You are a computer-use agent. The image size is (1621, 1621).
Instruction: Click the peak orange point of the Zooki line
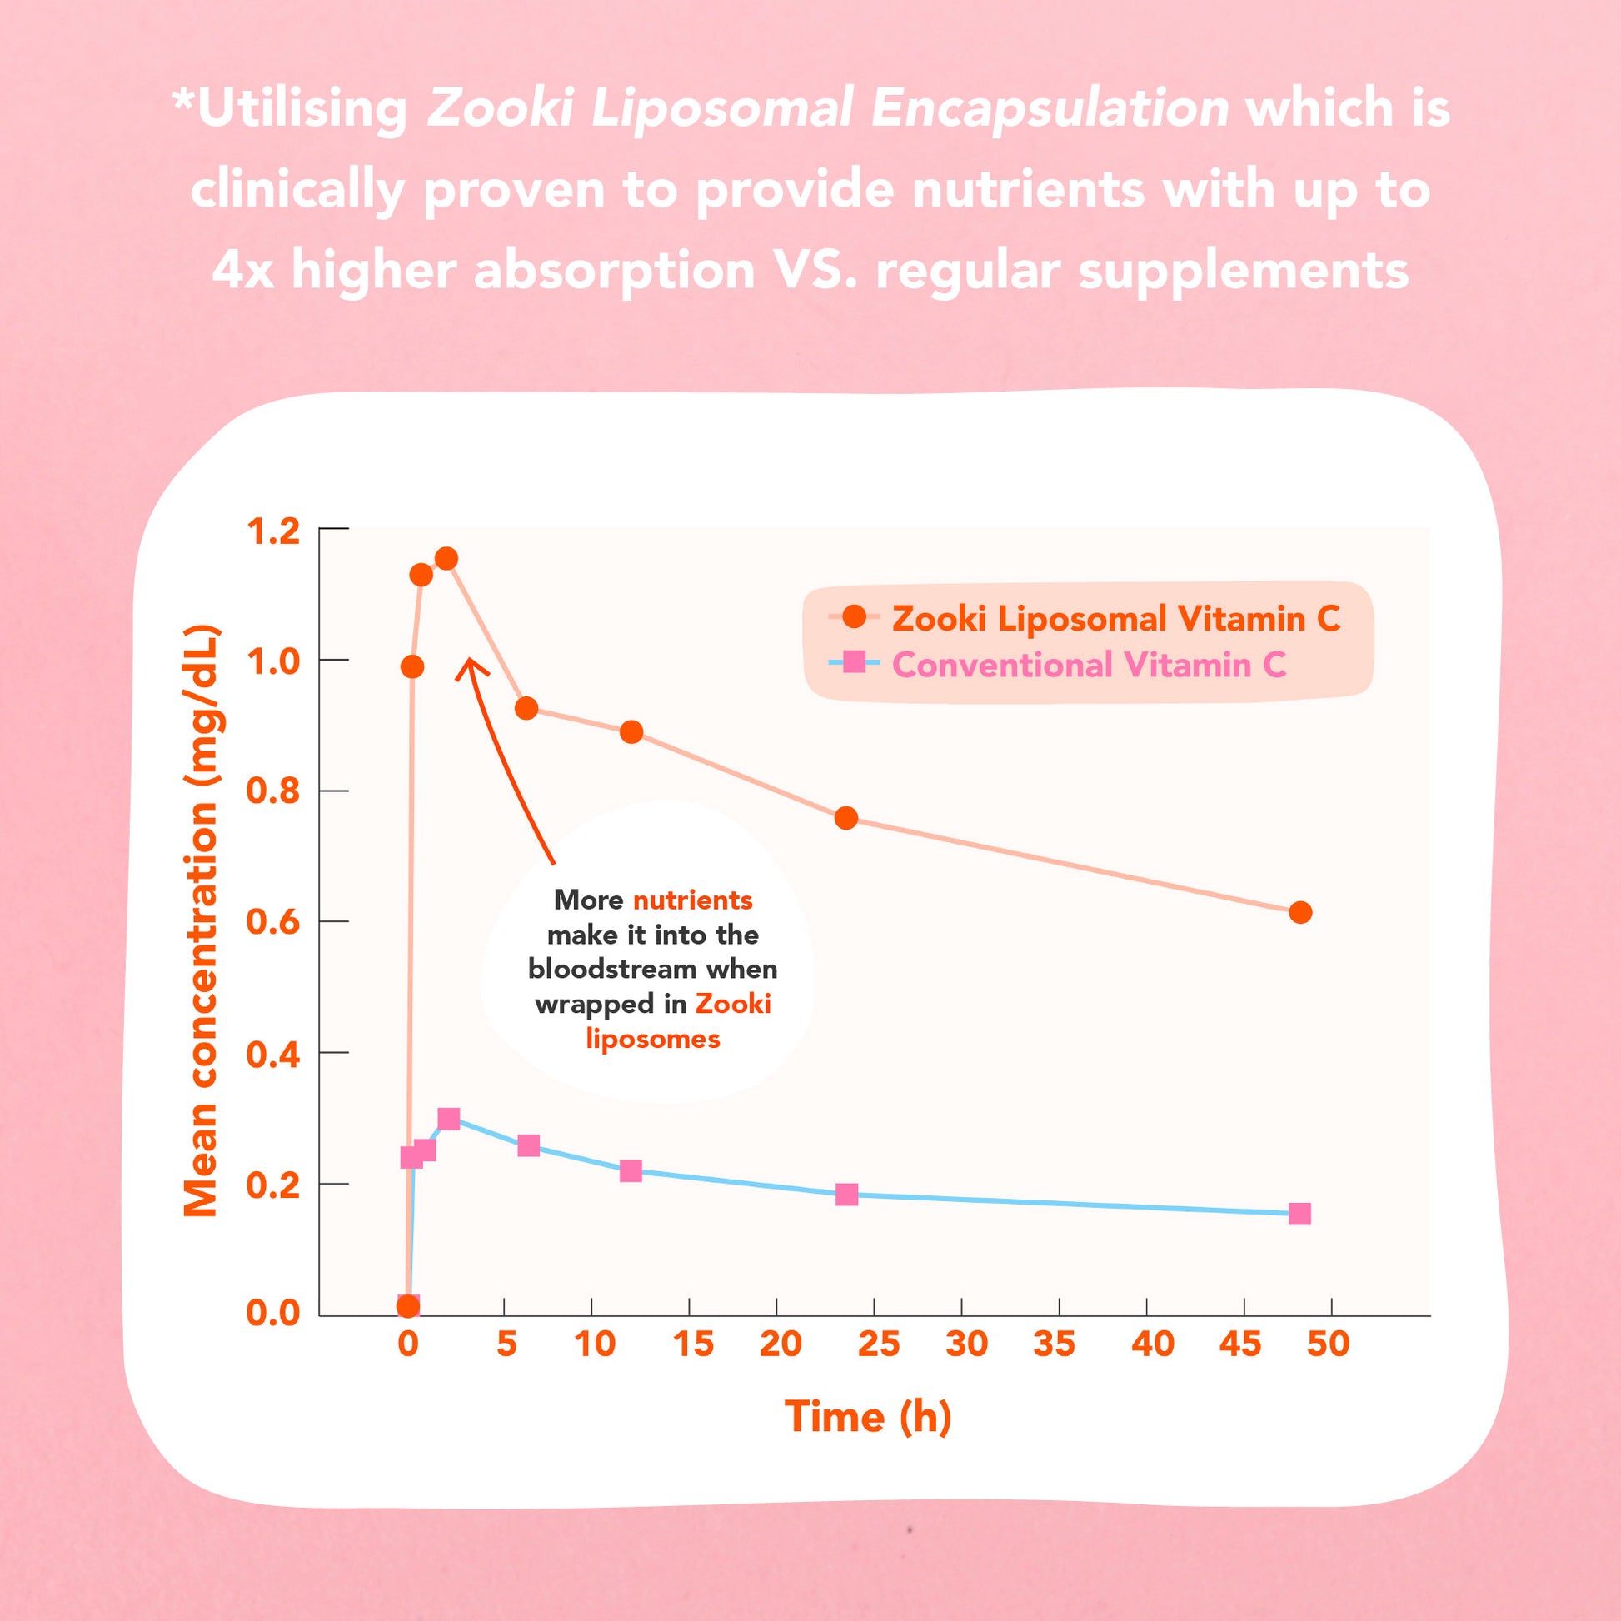(x=446, y=559)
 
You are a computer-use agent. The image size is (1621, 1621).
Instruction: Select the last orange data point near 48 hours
(x=1300, y=913)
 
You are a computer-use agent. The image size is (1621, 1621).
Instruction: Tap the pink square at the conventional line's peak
(x=449, y=1119)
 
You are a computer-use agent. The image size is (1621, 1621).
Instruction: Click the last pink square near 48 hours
(x=1299, y=1214)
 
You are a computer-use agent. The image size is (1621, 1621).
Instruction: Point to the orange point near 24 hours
(x=846, y=818)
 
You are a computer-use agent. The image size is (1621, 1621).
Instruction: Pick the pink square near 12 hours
(x=631, y=1170)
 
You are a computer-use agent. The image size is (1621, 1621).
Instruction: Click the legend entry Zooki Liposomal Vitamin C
(x=1115, y=619)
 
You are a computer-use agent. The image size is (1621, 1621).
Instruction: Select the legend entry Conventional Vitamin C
(x=1088, y=666)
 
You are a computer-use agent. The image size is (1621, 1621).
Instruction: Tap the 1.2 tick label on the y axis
(x=272, y=532)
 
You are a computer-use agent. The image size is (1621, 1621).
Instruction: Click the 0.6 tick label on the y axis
(x=272, y=923)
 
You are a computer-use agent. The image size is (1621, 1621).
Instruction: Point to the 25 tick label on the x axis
(x=879, y=1344)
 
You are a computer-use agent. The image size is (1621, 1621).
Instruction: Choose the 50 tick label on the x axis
(x=1328, y=1344)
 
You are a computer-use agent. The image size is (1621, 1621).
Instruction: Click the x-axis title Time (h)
(x=867, y=1417)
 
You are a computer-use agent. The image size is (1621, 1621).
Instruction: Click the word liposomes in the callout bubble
(x=653, y=1040)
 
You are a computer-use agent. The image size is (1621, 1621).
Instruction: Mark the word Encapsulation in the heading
(x=1050, y=109)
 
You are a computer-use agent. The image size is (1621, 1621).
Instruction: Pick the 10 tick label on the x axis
(x=595, y=1344)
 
